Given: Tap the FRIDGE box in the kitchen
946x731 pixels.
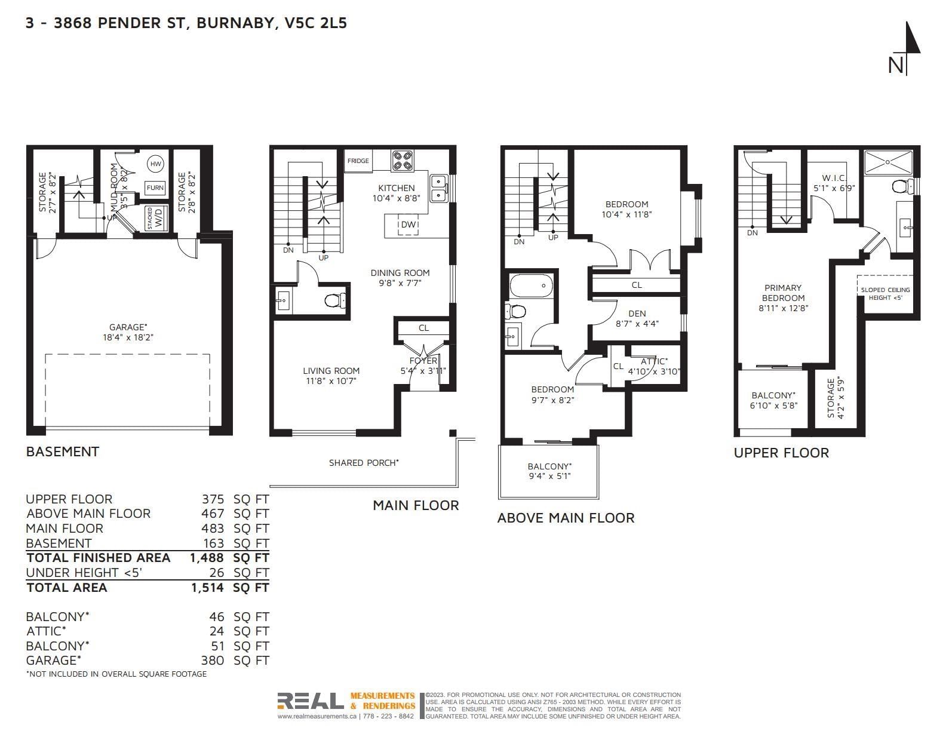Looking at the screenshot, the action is point(358,161).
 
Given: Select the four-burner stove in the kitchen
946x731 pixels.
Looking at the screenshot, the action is point(403,160).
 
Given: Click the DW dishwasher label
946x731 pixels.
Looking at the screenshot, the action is point(408,225).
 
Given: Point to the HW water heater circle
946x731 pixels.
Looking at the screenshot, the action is point(155,164).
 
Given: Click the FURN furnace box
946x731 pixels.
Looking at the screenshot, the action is point(155,188).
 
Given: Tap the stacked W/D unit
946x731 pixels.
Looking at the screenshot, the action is point(155,218).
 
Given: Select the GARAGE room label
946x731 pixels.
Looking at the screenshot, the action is point(128,332).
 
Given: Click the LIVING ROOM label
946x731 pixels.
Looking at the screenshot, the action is point(331,376).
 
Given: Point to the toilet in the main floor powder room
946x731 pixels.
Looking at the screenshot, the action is point(336,300).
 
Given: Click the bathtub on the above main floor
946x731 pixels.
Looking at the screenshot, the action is point(531,285).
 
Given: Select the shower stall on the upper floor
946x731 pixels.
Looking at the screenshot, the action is point(888,162).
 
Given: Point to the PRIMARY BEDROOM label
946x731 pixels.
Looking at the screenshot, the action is point(783,298).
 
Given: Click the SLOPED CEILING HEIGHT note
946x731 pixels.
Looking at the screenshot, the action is point(886,294).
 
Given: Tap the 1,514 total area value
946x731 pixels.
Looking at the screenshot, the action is point(207,588).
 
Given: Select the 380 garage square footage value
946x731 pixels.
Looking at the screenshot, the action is point(213,661).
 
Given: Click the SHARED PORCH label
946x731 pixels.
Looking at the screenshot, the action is point(364,463).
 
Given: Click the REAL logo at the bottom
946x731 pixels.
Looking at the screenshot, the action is point(311,701).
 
